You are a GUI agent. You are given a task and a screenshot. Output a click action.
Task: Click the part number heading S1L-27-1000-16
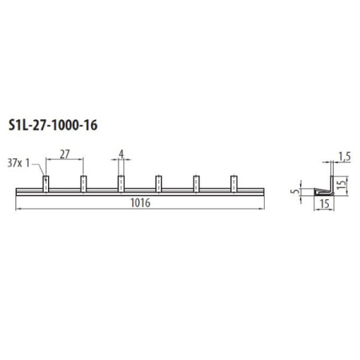tap(53, 126)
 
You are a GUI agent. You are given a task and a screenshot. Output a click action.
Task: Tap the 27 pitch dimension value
tap(65, 154)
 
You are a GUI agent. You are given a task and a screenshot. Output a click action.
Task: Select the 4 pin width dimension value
tap(122, 154)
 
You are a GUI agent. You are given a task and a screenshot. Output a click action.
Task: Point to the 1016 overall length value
tap(140, 203)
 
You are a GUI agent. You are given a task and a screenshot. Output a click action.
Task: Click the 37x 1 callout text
tap(18, 163)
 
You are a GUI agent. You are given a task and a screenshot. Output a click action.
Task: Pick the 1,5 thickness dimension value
tap(345, 157)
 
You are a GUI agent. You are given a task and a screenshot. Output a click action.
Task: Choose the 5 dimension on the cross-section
tap(295, 191)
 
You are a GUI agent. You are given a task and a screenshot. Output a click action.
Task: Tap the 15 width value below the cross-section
tap(324, 204)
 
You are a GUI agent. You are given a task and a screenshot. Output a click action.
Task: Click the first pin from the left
tap(46, 184)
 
